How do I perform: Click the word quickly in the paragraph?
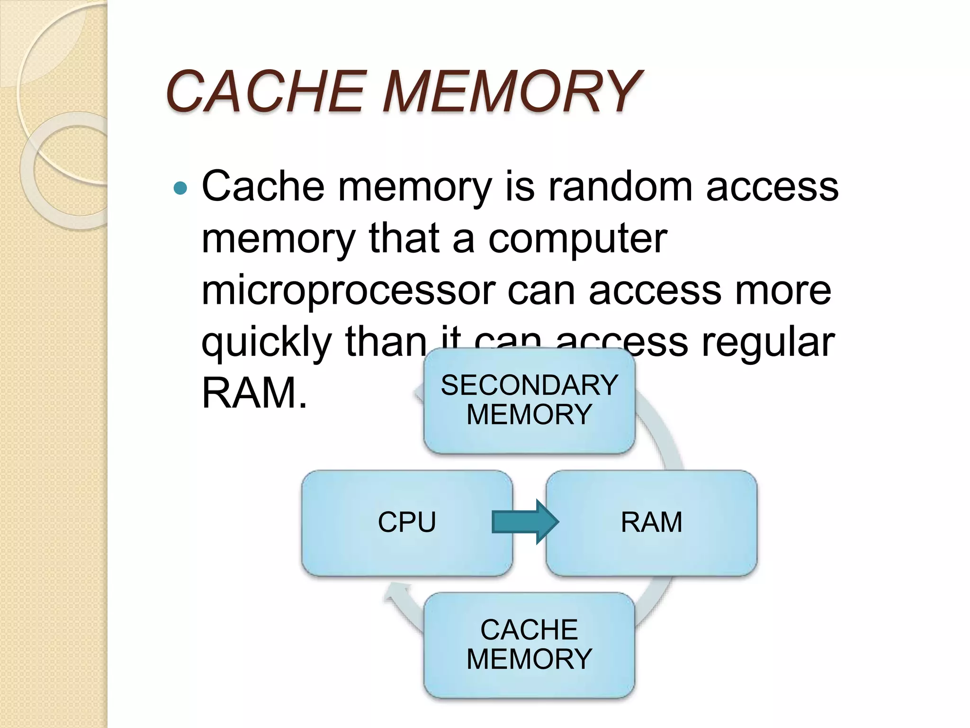266,342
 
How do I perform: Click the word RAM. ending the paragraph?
254,393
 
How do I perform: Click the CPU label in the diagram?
406,522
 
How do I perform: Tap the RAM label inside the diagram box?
651,522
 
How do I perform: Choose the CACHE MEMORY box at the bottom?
529,645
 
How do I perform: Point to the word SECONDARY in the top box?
529,385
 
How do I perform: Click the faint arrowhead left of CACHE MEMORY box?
394,595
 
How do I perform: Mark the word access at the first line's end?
772,186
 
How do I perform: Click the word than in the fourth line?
386,342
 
